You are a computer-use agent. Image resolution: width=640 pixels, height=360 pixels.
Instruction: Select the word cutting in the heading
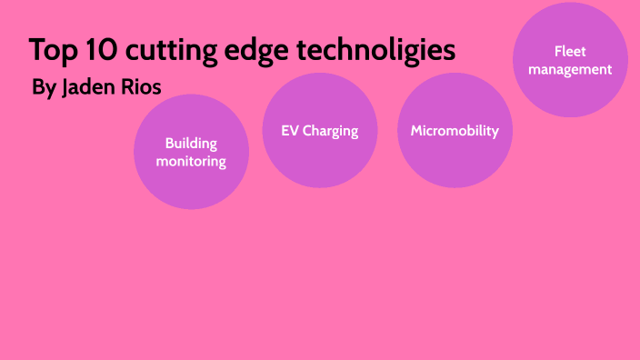pos(165,51)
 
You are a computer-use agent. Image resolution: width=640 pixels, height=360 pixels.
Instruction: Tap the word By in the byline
pos(43,89)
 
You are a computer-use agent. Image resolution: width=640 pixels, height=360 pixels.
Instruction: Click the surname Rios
pos(144,88)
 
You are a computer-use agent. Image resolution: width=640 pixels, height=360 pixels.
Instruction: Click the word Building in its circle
pos(191,143)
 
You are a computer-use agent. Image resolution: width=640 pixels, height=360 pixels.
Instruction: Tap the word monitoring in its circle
pos(191,161)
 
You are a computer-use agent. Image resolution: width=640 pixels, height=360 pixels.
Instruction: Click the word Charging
pos(331,132)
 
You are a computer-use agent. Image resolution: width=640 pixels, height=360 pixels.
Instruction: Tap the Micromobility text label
pos(455,131)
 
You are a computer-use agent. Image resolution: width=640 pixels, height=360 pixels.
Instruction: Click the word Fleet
pos(570,52)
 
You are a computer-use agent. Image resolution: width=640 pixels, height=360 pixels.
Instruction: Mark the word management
pos(570,69)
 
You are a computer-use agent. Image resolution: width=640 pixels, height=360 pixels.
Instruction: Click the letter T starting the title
pos(35,51)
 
